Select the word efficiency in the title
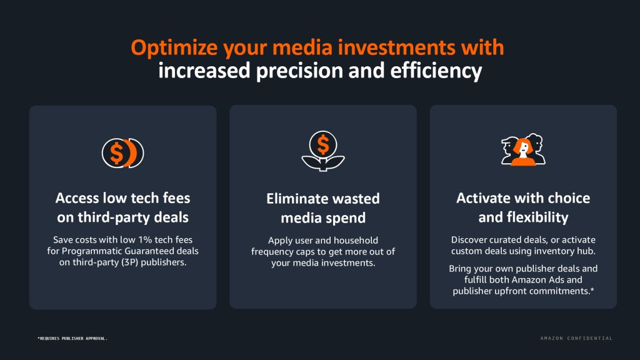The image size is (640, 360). tap(436, 71)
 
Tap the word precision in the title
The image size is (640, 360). tap(299, 71)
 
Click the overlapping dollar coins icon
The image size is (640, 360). tap(123, 153)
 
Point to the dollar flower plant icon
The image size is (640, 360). tap(323, 151)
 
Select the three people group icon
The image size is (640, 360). tap(523, 149)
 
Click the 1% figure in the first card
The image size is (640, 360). tap(144, 239)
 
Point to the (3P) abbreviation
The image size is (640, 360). tap(130, 262)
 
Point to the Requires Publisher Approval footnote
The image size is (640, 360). tap(72, 338)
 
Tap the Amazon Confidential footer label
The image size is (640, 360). tap(576, 338)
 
